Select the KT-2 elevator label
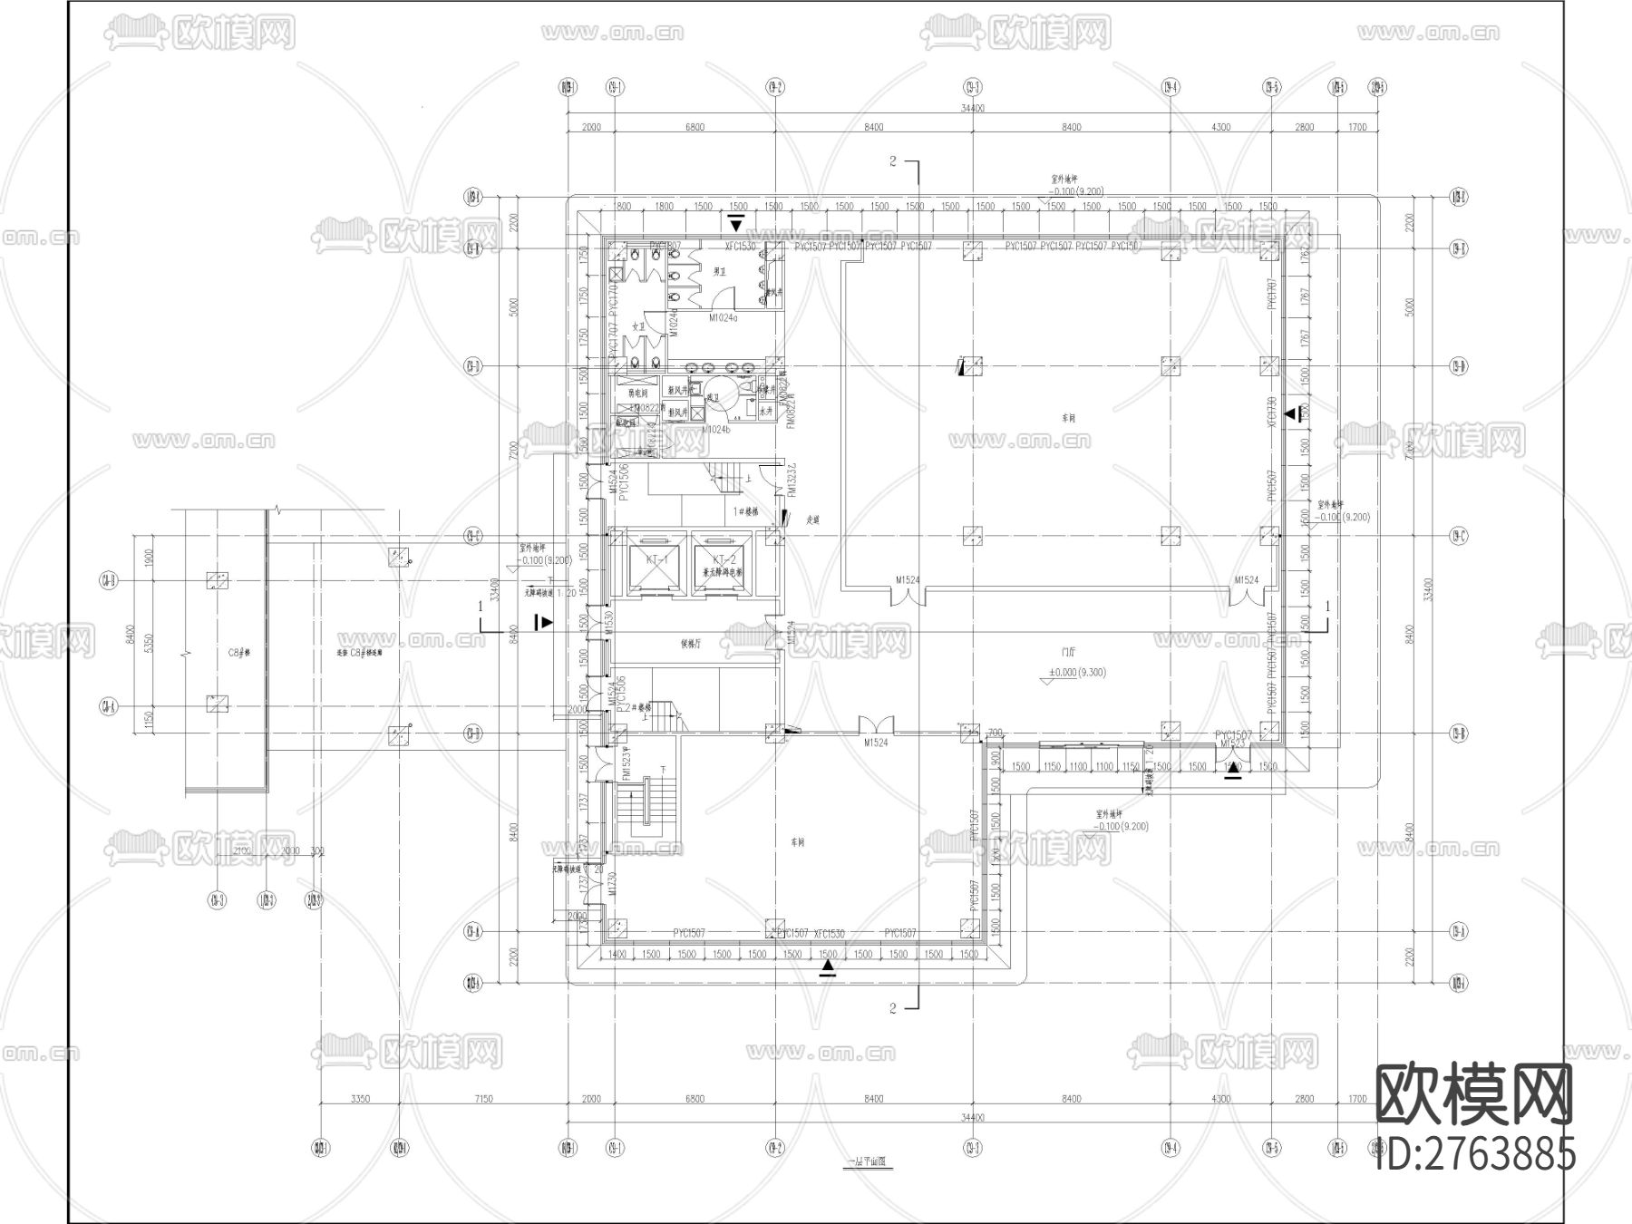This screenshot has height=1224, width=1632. (723, 559)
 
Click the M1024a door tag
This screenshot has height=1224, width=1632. (724, 318)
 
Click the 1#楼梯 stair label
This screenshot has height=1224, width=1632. (745, 510)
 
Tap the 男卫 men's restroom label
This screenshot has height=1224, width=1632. (721, 270)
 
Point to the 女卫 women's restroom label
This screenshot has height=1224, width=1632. (638, 326)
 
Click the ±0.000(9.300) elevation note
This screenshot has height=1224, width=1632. (1077, 673)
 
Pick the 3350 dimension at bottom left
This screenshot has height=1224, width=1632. (359, 1099)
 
